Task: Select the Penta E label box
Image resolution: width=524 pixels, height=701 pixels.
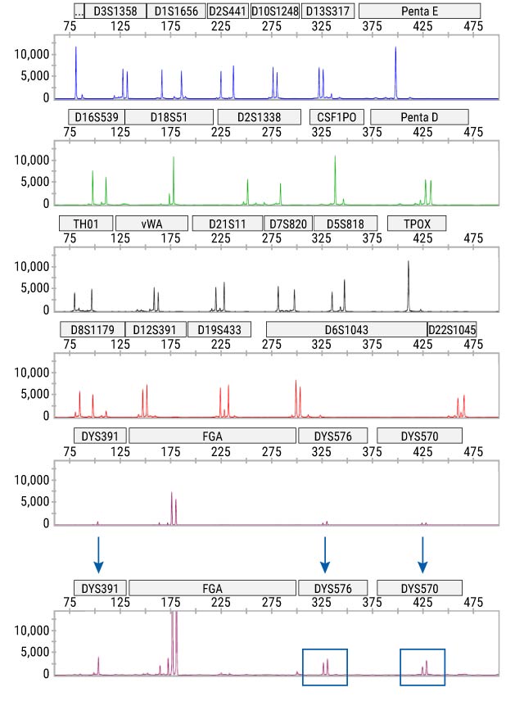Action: [x=419, y=11]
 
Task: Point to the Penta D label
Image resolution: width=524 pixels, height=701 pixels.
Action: [x=419, y=117]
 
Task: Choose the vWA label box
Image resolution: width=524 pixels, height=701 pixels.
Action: [x=151, y=224]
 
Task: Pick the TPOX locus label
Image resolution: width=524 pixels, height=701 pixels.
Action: [x=417, y=224]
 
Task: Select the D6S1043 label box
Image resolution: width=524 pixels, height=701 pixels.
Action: [x=346, y=329]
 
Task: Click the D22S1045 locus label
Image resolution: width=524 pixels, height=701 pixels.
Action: [x=452, y=329]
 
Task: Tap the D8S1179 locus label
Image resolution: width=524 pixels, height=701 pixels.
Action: [x=91, y=329]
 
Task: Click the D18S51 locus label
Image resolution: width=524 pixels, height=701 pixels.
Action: [x=169, y=117]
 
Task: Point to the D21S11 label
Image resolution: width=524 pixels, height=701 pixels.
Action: [x=227, y=224]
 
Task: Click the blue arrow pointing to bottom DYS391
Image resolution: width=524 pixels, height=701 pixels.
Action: [x=98, y=554]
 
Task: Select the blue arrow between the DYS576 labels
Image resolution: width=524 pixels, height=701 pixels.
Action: [x=325, y=554]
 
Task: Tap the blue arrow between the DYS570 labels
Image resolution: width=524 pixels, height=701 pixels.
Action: [x=422, y=554]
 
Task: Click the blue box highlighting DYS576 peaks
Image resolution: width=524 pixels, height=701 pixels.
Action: [x=324, y=667]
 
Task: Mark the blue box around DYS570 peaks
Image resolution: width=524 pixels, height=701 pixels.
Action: [x=422, y=667]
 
